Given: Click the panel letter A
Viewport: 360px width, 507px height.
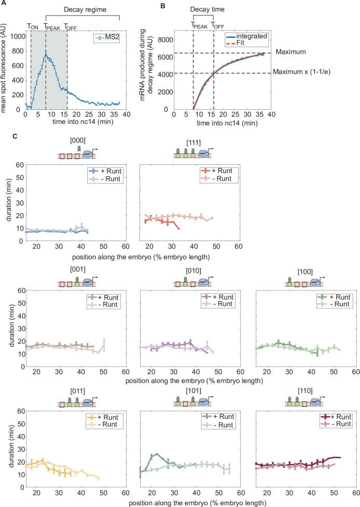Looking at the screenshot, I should pos(4,5).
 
